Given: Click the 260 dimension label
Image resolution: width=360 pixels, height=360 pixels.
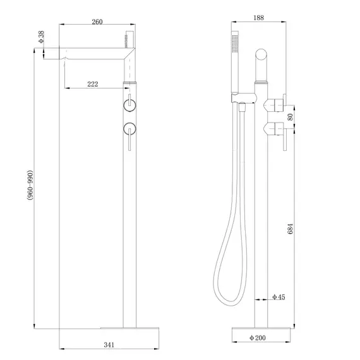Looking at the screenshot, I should (x=97, y=21).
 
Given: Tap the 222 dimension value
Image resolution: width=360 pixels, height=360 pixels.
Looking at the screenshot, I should (x=92, y=83).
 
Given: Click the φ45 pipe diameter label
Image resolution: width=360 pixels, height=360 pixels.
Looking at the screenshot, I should (x=279, y=297).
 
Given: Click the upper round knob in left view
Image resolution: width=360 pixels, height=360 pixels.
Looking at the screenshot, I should (x=130, y=104).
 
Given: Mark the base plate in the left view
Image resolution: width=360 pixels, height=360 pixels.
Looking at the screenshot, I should (x=131, y=328).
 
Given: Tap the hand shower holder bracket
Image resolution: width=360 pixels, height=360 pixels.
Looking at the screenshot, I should (x=244, y=97).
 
